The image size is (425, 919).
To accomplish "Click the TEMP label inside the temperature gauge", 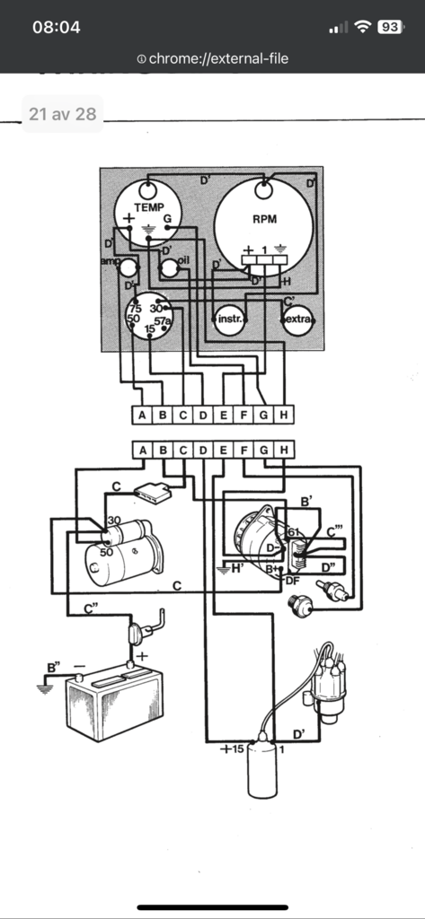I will (149, 206).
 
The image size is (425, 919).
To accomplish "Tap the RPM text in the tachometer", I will (263, 218).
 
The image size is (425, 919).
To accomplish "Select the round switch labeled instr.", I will (231, 319).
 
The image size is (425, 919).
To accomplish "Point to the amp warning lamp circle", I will (128, 267).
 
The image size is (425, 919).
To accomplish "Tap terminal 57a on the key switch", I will (163, 319).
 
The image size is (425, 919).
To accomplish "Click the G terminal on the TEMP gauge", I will (167, 218).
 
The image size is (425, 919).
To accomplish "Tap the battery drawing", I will (113, 705).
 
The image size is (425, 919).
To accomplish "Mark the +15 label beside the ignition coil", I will (232, 748).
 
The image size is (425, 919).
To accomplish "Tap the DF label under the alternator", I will (291, 582).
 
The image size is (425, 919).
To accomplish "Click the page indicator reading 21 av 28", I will (62, 114).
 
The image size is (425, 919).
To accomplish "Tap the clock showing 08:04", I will (56, 27).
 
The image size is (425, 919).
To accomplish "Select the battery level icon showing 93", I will (390, 27).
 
